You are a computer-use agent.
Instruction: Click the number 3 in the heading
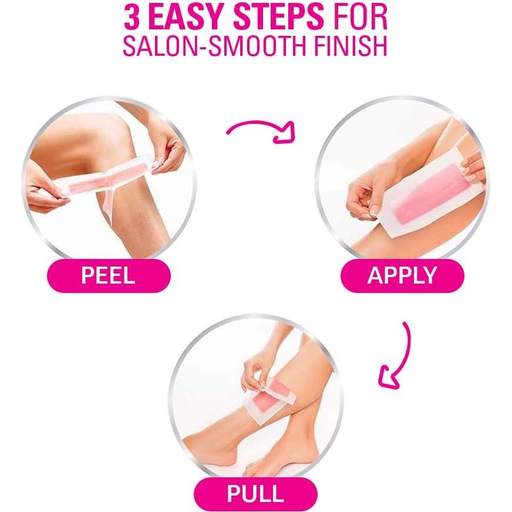point(133,18)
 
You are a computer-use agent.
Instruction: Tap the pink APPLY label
point(402,275)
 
